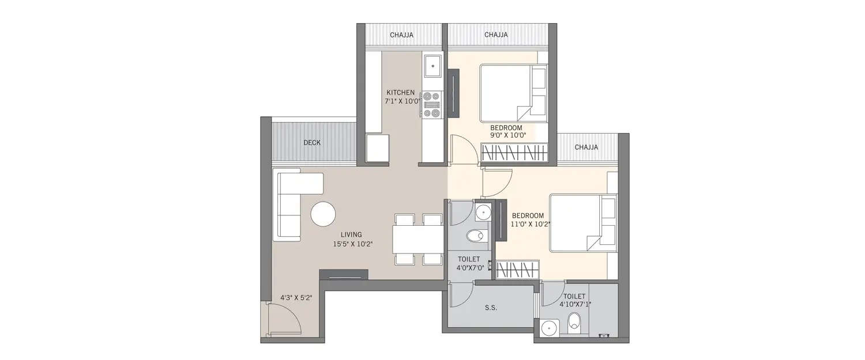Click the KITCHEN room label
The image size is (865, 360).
pos(400,92)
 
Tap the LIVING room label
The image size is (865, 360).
pos(351,234)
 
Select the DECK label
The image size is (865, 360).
pos(312,143)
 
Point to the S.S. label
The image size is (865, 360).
pos(491,308)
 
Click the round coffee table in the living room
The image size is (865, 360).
pos(323,214)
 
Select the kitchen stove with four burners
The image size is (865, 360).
pos(431,105)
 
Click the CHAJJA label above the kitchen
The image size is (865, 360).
pos(401,35)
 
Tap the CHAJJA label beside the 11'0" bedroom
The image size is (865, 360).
pos(586,147)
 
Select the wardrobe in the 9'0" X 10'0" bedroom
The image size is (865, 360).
pos(513,154)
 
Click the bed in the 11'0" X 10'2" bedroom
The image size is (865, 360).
pos(582,223)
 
